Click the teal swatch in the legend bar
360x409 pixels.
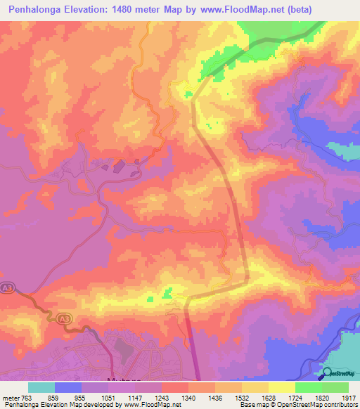click(x=41, y=387)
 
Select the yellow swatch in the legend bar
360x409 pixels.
click(x=281, y=387)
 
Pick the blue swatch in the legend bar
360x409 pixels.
click(x=68, y=387)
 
